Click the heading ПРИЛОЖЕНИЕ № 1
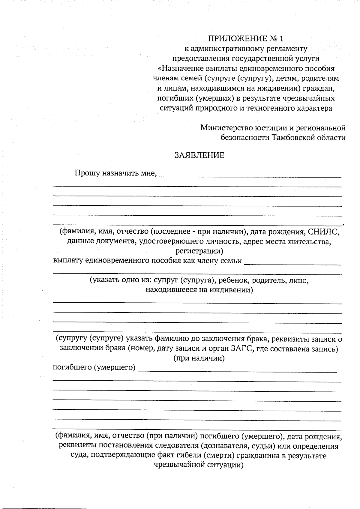point(246,38)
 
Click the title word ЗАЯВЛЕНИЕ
point(199,155)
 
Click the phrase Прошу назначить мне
point(116,173)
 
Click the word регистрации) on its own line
point(199,251)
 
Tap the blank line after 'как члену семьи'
point(293,264)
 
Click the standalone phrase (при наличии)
point(199,358)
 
